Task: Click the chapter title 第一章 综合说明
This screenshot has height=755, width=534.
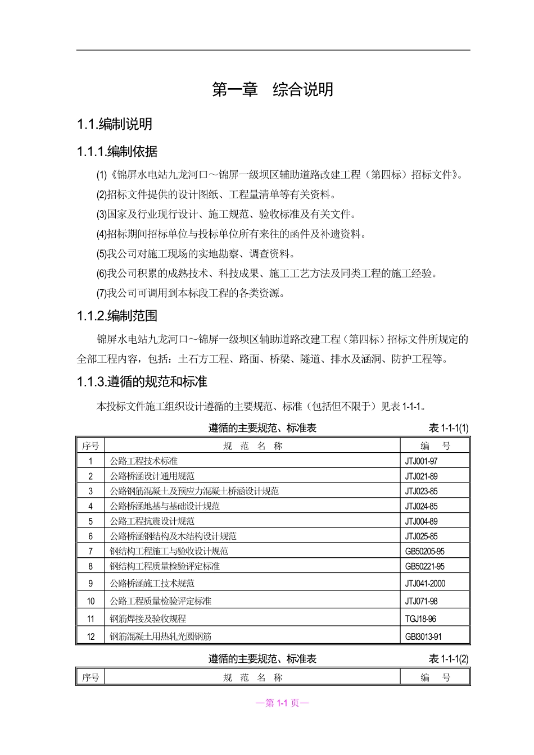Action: pyautogui.click(x=273, y=90)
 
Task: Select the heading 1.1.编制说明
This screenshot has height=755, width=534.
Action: pyautogui.click(x=115, y=124)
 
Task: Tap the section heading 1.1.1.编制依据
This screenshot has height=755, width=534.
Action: pyautogui.click(x=117, y=152)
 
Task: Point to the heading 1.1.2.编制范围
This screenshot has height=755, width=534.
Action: pyautogui.click(x=117, y=316)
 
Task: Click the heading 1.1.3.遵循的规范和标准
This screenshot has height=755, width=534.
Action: pyautogui.click(x=142, y=382)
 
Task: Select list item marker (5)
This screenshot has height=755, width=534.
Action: pyautogui.click(x=102, y=254)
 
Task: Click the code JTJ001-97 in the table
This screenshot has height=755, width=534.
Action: pyautogui.click(x=421, y=461)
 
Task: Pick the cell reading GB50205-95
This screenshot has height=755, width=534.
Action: pyautogui.click(x=424, y=552)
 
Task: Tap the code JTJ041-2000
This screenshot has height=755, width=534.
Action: pyautogui.click(x=425, y=584)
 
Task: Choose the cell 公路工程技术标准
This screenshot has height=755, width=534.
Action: pyautogui.click(x=144, y=461)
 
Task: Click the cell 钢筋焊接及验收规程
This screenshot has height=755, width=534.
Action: pyautogui.click(x=148, y=619)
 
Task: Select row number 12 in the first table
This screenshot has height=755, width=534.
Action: pyautogui.click(x=90, y=637)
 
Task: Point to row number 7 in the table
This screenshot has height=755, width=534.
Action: pyautogui.click(x=90, y=552)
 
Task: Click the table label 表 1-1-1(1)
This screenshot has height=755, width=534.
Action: pyautogui.click(x=449, y=428)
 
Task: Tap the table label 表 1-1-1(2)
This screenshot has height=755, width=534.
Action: pyautogui.click(x=449, y=659)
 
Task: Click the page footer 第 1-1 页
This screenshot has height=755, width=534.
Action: pyautogui.click(x=282, y=703)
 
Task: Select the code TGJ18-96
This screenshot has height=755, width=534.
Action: pyautogui.click(x=420, y=619)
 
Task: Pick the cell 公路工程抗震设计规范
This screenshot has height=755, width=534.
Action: pyautogui.click(x=152, y=521)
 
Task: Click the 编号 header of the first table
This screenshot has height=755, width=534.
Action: pyautogui.click(x=436, y=447)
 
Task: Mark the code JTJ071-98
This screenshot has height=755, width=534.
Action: pyautogui.click(x=421, y=601)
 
